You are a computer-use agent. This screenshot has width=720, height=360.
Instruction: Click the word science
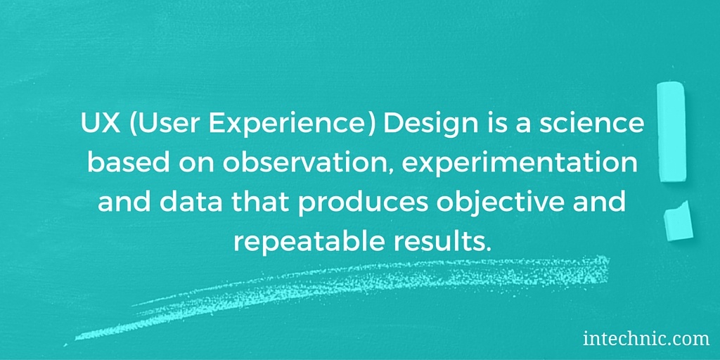pos(591,124)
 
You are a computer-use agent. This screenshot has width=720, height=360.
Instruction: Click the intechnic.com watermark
pos(646,340)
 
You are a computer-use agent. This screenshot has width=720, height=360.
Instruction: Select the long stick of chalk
pos(671,131)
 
